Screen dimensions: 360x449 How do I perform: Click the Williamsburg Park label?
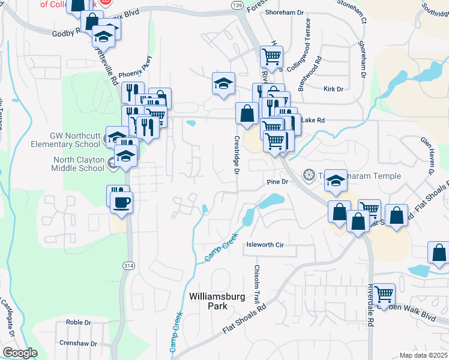213,301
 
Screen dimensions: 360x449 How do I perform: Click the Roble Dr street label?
79,322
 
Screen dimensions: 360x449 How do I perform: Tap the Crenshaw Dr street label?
78,343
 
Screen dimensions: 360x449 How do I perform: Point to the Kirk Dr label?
333,89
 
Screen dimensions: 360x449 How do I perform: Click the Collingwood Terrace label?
308,37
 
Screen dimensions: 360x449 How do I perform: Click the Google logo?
20,353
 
